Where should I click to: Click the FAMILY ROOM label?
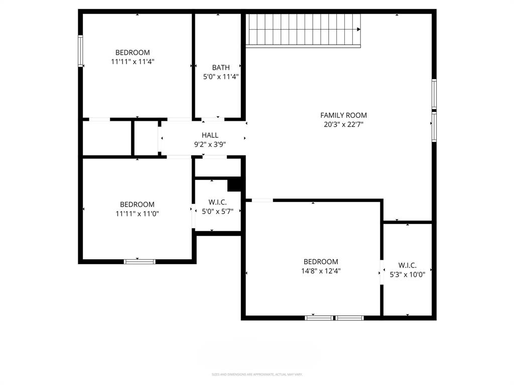pyautogui.click(x=343, y=115)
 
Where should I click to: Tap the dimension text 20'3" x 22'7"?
pyautogui.click(x=343, y=124)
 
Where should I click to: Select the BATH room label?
pyautogui.click(x=220, y=67)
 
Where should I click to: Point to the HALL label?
pyautogui.click(x=210, y=135)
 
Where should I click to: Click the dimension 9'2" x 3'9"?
pyautogui.click(x=210, y=144)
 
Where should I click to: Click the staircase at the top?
pyautogui.click(x=303, y=30)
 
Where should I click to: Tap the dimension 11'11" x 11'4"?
pyautogui.click(x=133, y=62)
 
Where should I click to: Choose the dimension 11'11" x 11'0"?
pyautogui.click(x=137, y=214)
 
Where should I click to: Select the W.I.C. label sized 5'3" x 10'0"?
pyautogui.click(x=407, y=265)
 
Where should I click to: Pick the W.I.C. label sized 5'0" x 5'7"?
pyautogui.click(x=218, y=202)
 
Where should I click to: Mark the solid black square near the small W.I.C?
pyautogui.click(x=234, y=184)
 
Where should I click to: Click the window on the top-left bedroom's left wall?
pyautogui.click(x=80, y=51)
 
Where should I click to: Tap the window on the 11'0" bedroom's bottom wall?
pyautogui.click(x=140, y=261)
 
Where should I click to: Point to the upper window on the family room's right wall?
pyautogui.click(x=434, y=94)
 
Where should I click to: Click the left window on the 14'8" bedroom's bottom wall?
pyautogui.click(x=319, y=317)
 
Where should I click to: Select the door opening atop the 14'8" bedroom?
pyautogui.click(x=262, y=201)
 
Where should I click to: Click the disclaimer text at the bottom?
pyautogui.click(x=257, y=374)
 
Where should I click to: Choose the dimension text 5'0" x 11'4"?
pyautogui.click(x=220, y=77)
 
